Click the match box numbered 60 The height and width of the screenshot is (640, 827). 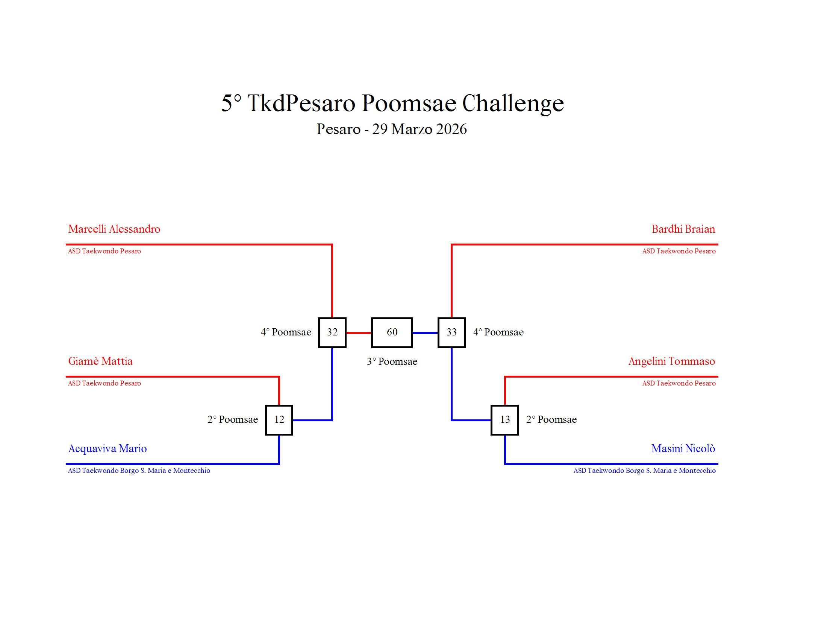pyautogui.click(x=392, y=332)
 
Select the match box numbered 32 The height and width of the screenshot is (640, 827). pyautogui.click(x=332, y=332)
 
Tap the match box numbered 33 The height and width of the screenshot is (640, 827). pyautogui.click(x=451, y=332)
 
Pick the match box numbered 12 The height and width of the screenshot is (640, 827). pyautogui.click(x=279, y=420)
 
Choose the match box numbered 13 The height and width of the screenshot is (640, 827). pyautogui.click(x=505, y=420)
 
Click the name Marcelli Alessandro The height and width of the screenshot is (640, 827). pyautogui.click(x=114, y=229)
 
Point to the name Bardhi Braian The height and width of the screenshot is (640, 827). pyautogui.click(x=683, y=229)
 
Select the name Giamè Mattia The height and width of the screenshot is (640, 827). pyautogui.click(x=100, y=361)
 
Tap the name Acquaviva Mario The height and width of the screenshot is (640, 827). pyautogui.click(x=108, y=448)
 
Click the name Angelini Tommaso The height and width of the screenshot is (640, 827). pyautogui.click(x=671, y=361)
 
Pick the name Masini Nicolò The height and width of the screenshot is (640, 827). pyautogui.click(x=683, y=448)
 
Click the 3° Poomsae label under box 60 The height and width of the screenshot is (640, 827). pyautogui.click(x=392, y=361)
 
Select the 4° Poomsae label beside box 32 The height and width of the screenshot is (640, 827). pyautogui.click(x=286, y=332)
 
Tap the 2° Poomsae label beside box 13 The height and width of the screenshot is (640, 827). pyautogui.click(x=551, y=419)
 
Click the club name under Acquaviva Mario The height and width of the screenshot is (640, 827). pyautogui.click(x=139, y=471)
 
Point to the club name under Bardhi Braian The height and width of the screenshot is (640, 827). pyautogui.click(x=679, y=251)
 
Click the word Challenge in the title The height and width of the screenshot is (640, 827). pyautogui.click(x=513, y=103)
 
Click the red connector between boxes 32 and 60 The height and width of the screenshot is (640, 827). pyautogui.click(x=359, y=333)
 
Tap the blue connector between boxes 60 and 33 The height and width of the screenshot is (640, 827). pyautogui.click(x=425, y=333)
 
